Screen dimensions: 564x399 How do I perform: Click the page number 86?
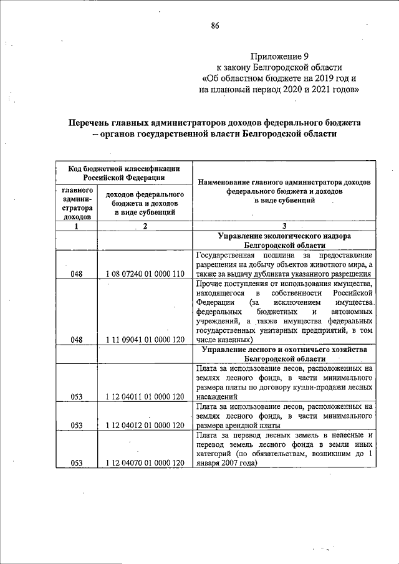215,26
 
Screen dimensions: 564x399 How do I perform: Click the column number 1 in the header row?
77,227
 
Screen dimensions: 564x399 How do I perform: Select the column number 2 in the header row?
144,227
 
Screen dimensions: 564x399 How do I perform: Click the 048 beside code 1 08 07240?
77,273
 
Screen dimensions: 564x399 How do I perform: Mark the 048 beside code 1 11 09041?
77,340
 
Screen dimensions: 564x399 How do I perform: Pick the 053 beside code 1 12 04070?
77,463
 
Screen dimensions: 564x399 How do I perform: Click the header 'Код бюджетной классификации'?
123,168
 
